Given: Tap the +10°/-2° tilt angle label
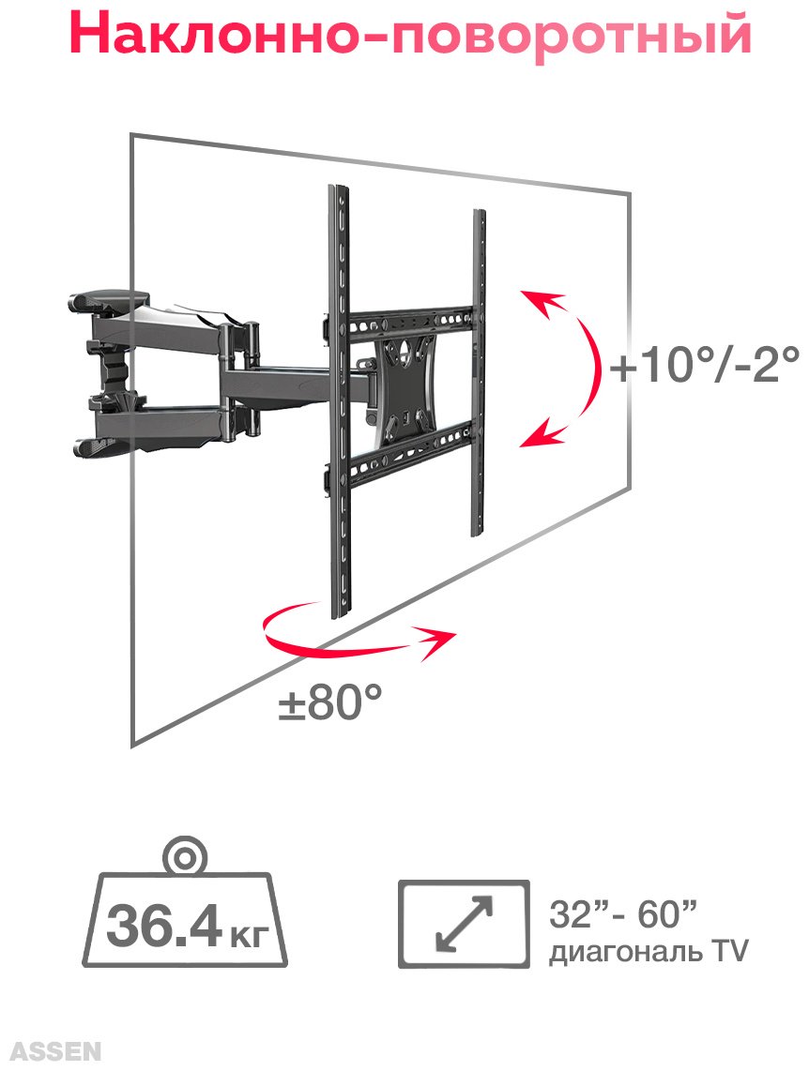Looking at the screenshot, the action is tap(705, 366).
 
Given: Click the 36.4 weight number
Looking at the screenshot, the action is tap(164, 927).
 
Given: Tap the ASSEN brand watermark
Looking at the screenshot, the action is tap(56, 1050).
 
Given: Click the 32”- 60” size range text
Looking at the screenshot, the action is tap(622, 913).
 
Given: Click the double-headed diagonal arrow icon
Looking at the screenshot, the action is tap(464, 924).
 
